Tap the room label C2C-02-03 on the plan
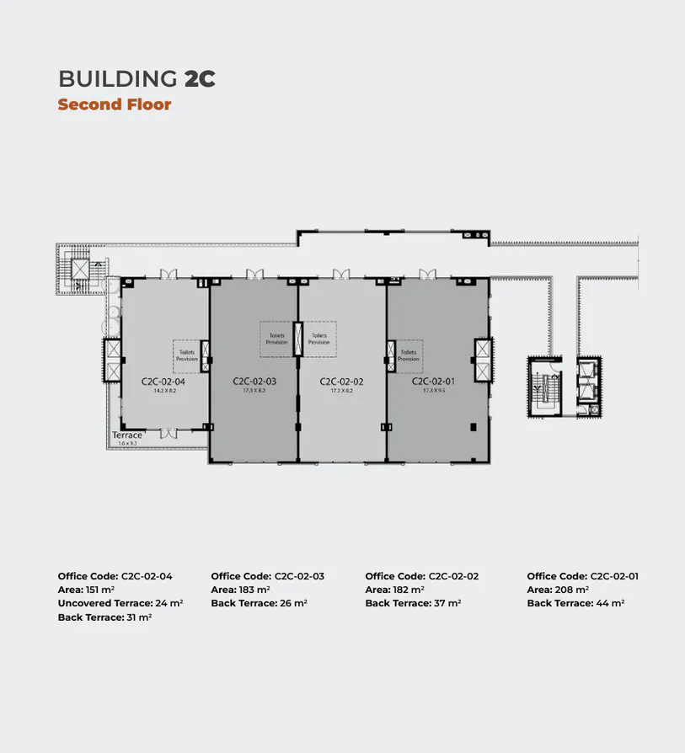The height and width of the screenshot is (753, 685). click(x=254, y=382)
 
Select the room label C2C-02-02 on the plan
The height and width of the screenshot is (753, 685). click(x=340, y=382)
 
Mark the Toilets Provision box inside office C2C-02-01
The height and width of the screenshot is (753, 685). click(x=409, y=355)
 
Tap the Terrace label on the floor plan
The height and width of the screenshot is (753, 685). click(x=127, y=435)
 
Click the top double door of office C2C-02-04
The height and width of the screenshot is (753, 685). click(x=169, y=273)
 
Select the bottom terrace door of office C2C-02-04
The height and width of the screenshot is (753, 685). click(x=169, y=433)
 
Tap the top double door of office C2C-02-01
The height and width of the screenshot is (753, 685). click(x=428, y=273)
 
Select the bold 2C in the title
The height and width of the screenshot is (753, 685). click(x=200, y=79)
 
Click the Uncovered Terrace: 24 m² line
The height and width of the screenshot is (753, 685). click(x=120, y=603)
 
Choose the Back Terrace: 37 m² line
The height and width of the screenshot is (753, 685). click(x=413, y=603)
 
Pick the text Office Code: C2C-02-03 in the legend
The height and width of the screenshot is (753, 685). click(x=267, y=576)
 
